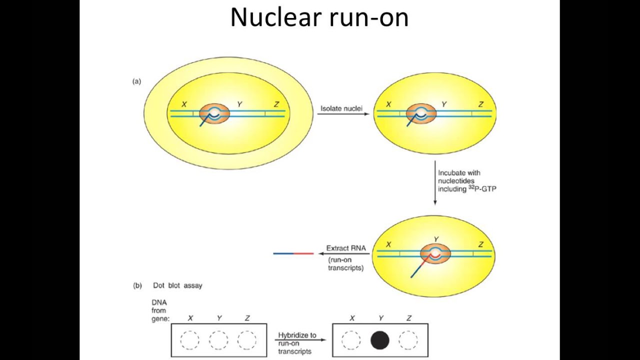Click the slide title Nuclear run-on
[x=319, y=17]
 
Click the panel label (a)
[x=136, y=81]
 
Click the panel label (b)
[x=137, y=285]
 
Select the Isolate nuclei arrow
[x=343, y=114]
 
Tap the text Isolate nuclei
[x=342, y=108]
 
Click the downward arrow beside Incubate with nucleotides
[x=435, y=182]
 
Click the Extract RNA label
[x=346, y=248]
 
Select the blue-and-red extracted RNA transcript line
[x=293, y=253]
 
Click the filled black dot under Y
[x=380, y=340]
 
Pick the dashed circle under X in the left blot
[x=189, y=340]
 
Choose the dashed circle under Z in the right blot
[x=408, y=340]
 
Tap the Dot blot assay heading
[x=177, y=285]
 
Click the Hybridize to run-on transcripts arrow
[x=300, y=340]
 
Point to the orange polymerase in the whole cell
[x=214, y=114]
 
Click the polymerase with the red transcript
[x=435, y=254]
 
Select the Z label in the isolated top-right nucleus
[x=481, y=104]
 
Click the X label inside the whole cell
[x=184, y=104]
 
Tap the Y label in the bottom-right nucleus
[x=436, y=239]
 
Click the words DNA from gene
[x=160, y=310]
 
